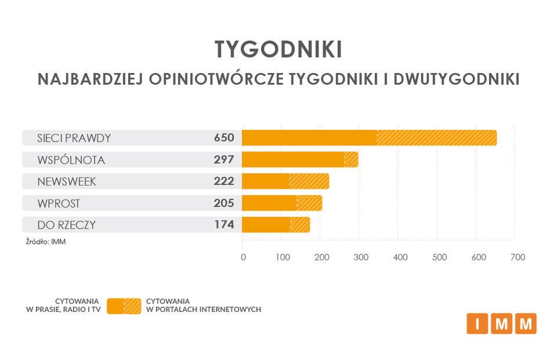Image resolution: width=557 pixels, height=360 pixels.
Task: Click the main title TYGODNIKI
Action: tap(278, 50)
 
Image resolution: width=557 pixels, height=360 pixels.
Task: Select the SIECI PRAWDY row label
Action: tap(74, 138)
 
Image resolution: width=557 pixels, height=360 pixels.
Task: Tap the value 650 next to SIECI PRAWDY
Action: tap(223, 138)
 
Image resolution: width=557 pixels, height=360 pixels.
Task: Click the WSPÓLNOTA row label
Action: tap(71, 159)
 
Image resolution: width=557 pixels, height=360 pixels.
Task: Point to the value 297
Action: tap(223, 159)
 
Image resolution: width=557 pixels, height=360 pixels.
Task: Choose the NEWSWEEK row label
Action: tap(67, 181)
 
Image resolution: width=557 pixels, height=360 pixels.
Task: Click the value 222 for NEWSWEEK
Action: tap(223, 181)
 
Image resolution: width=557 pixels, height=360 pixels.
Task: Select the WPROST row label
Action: tap(59, 203)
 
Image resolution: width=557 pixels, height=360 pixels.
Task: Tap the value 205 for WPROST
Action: tap(223, 203)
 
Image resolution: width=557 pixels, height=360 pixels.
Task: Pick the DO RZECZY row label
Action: tap(66, 224)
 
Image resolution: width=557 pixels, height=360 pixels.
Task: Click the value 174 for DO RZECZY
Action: tap(223, 224)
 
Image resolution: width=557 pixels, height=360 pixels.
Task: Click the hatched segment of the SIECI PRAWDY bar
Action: tap(436, 138)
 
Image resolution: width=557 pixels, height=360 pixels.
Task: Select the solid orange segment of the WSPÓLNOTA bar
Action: tap(293, 159)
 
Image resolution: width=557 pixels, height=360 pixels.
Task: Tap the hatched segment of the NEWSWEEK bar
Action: tap(309, 181)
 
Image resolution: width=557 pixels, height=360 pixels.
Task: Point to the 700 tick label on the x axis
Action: tap(517, 257)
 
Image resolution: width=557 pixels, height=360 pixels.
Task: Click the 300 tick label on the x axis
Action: tap(361, 257)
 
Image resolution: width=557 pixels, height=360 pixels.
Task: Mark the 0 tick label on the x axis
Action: tap(243, 257)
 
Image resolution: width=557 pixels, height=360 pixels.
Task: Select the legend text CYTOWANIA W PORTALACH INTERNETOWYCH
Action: tap(204, 306)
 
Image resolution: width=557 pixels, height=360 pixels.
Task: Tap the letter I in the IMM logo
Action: tap(477, 324)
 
